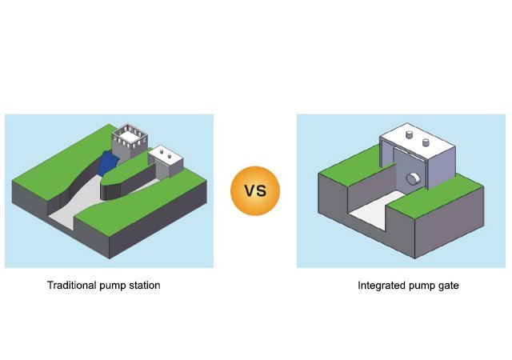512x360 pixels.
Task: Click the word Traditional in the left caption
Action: tap(71, 286)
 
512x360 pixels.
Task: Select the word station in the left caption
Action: tap(143, 286)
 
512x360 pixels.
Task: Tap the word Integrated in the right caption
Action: tap(382, 286)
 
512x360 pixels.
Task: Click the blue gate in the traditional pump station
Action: tap(105, 163)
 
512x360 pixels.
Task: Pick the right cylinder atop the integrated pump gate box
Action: tap(426, 142)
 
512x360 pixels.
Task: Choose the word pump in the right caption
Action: tap(419, 286)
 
